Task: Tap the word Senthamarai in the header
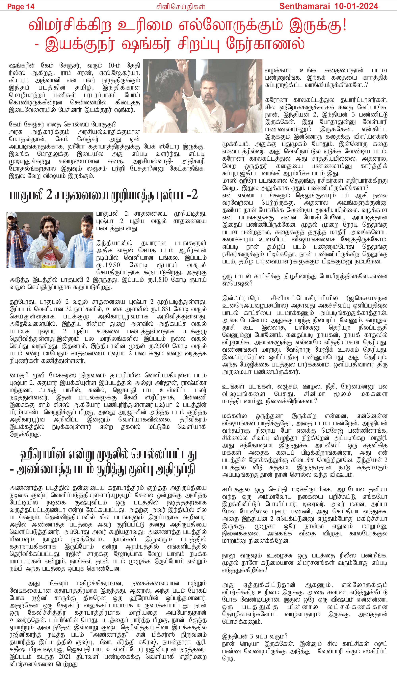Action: (x=304, y=6)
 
